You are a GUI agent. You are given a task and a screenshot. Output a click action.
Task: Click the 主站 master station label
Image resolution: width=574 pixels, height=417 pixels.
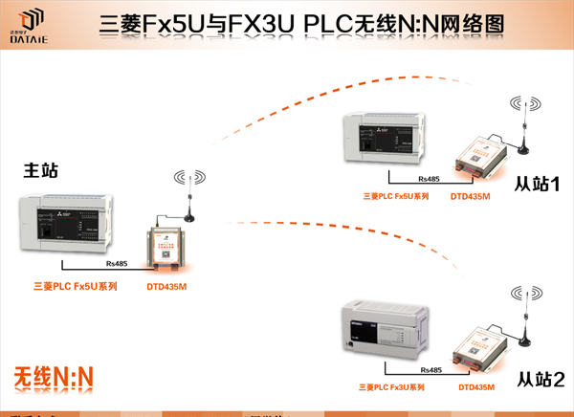41,170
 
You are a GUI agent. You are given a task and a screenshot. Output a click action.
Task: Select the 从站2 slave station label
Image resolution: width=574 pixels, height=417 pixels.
540,380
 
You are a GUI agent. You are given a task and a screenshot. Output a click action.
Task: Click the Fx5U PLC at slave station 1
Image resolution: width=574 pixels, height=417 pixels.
392,139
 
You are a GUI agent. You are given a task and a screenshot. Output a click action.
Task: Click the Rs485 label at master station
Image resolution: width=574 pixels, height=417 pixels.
117,263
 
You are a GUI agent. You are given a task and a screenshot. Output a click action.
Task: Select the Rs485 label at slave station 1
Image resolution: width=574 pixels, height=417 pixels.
429,179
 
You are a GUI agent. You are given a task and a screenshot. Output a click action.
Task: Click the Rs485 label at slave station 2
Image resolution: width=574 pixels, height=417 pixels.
430,369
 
